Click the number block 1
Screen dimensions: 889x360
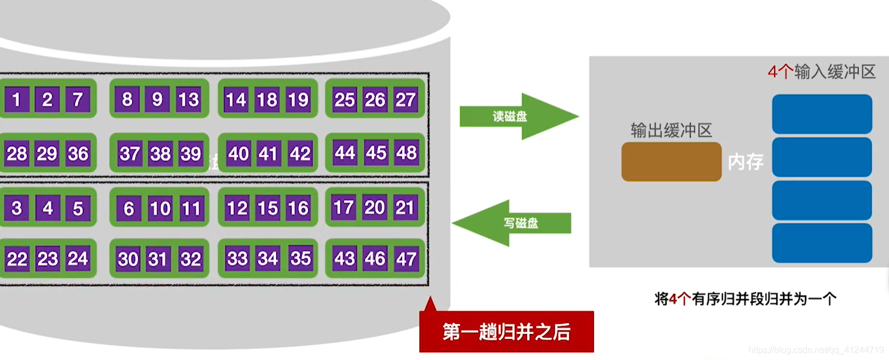pos(17,99)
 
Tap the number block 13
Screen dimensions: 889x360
pos(188,99)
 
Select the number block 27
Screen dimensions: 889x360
pos(405,99)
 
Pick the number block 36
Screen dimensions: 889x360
pos(78,153)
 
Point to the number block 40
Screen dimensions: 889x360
pos(238,153)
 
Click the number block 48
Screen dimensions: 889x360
pos(406,152)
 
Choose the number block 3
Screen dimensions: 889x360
pos(17,208)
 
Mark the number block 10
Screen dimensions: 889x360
pos(160,208)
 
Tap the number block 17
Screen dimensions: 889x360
pos(343,207)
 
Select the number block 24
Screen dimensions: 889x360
pos(78,258)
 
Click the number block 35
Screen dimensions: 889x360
pos(300,258)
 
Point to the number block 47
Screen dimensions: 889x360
pos(406,258)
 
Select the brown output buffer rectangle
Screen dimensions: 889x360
pos(671,162)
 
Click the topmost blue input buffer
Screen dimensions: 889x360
pos(822,114)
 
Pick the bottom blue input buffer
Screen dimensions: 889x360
pos(822,243)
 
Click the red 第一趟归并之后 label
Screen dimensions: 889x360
pos(506,332)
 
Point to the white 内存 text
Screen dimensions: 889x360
pos(745,162)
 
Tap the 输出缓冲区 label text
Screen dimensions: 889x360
pos(671,131)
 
